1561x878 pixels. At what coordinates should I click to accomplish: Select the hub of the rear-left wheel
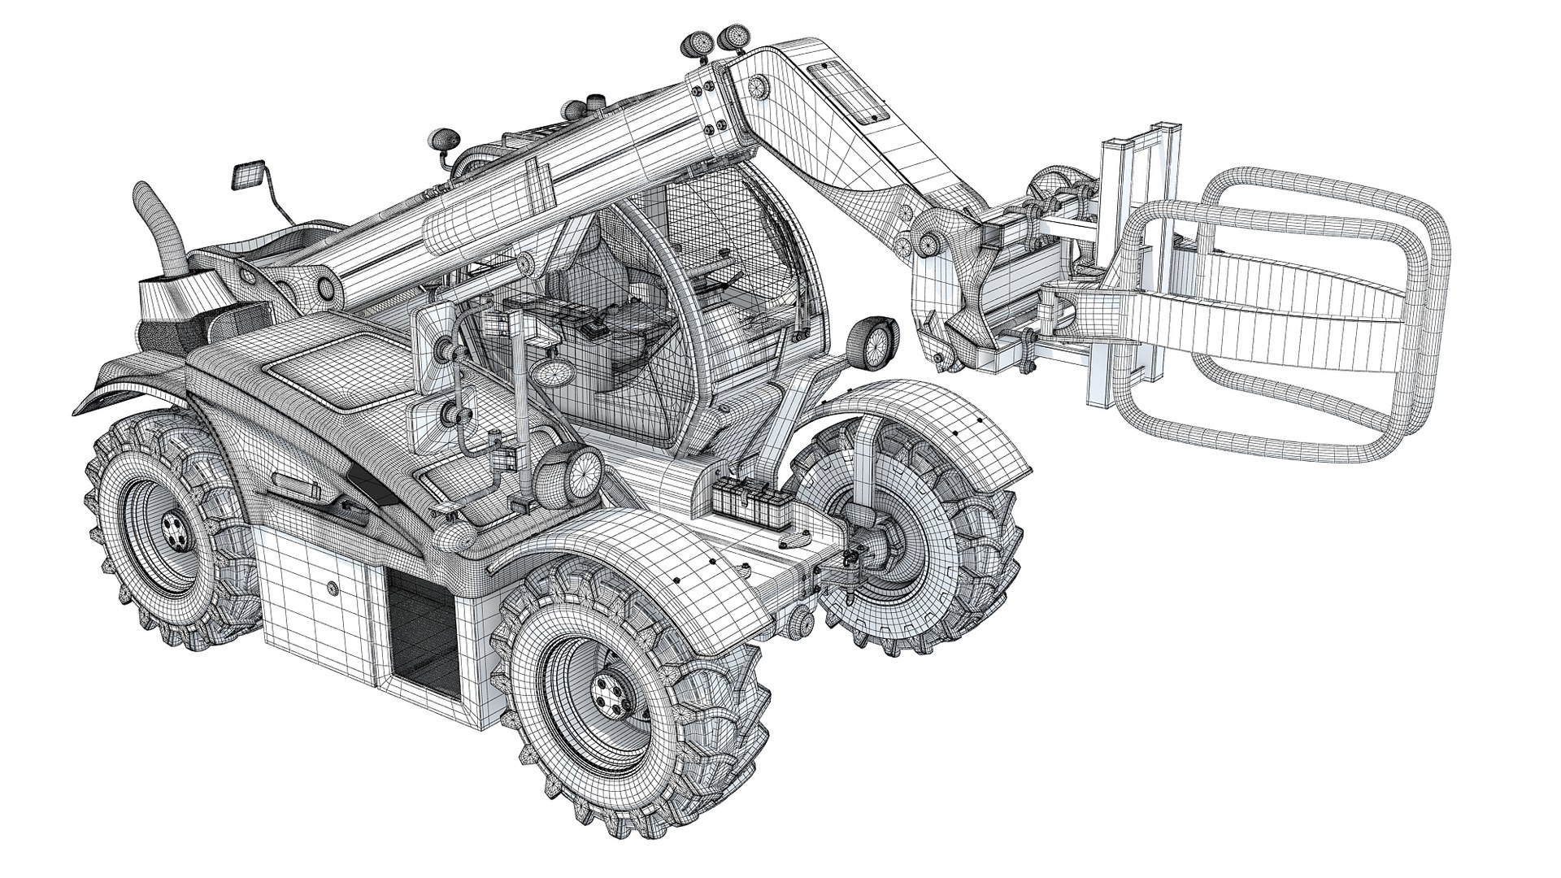(x=174, y=532)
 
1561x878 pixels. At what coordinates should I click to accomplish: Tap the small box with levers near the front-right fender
(x=741, y=496)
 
